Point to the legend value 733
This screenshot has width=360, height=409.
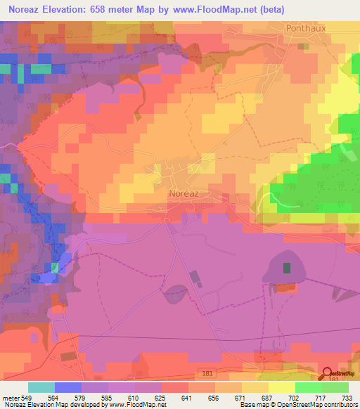click(x=348, y=398)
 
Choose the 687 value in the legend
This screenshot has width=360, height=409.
click(x=268, y=398)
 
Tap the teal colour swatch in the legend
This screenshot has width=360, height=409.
click(x=41, y=387)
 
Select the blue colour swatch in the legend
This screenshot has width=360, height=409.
click(x=67, y=387)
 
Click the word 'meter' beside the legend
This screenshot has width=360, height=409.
click(x=10, y=398)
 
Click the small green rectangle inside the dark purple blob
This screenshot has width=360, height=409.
click(x=286, y=267)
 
